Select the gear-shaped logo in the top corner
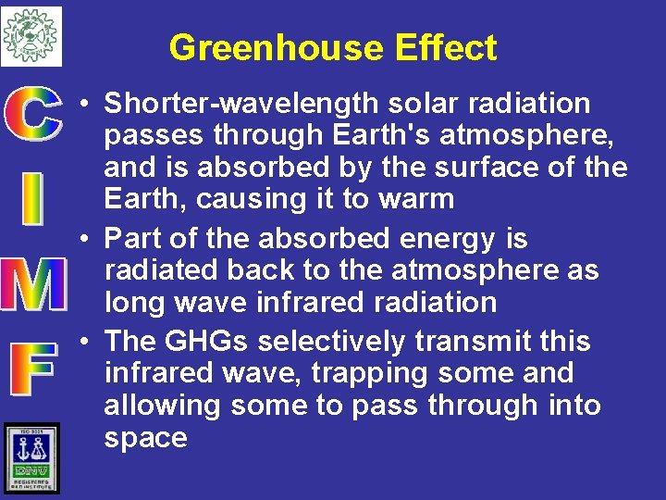(x=31, y=36)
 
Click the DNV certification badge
(x=31, y=456)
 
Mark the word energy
(x=449, y=240)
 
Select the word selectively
(x=331, y=342)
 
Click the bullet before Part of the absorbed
(x=84, y=239)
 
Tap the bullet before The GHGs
(x=84, y=342)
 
